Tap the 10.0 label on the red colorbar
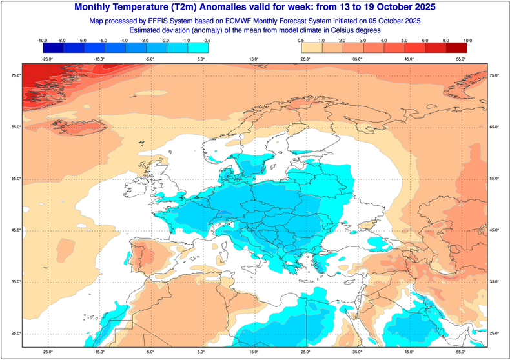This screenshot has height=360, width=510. click(467, 40)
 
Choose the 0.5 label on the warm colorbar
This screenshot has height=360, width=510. click(301, 40)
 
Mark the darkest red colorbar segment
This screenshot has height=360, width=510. click(456, 47)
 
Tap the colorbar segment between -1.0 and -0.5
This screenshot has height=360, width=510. click(198, 47)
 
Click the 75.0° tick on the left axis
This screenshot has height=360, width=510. click(15, 76)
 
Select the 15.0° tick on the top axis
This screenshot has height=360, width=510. click(253, 59)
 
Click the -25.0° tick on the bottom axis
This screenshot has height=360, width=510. click(47, 352)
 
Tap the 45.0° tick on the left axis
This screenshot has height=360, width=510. click(15, 230)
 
